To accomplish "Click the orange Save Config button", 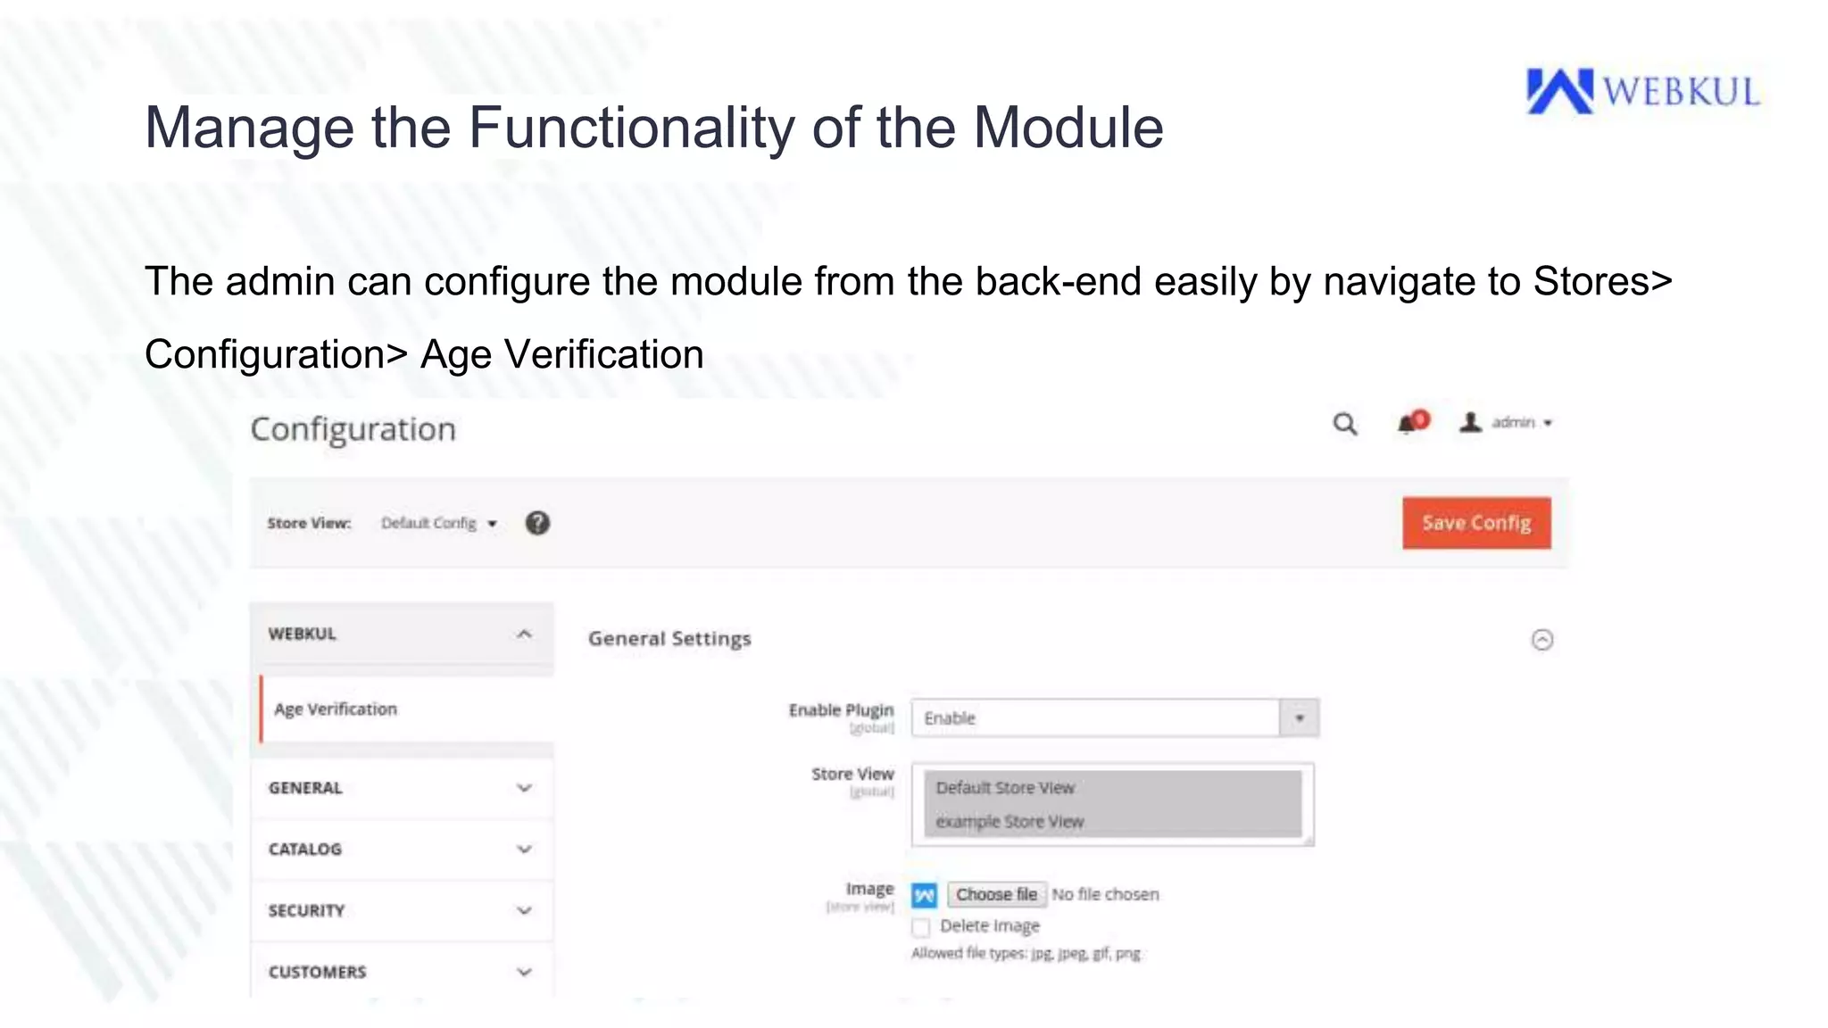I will [1476, 523].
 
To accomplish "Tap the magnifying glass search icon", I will [1345, 424].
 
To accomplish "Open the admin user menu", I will [1508, 423].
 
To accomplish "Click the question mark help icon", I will [537, 523].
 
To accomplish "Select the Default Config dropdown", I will [438, 524].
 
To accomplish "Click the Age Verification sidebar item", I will [336, 709].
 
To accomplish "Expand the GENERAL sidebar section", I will [402, 788].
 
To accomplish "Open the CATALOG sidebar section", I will [402, 850].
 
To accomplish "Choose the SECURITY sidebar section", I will [402, 911].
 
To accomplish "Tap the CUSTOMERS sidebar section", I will [402, 972].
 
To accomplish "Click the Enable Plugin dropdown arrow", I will [1300, 718].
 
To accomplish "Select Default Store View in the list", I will [1005, 788].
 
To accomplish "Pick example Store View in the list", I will [1010, 822].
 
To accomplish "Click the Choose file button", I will [996, 894].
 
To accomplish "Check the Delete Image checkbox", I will [921, 927].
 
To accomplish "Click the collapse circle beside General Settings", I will [1542, 640].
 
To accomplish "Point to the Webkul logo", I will [1642, 92].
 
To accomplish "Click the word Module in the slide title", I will [1068, 128].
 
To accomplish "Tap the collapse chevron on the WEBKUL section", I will [524, 634].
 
